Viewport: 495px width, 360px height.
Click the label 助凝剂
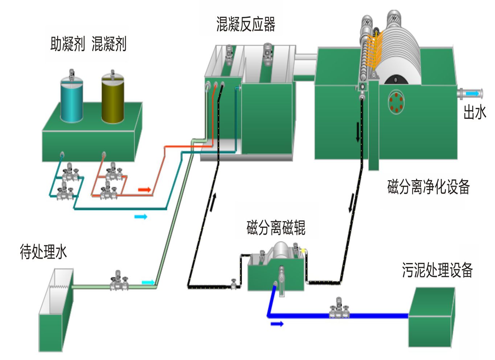pyautogui.click(x=67, y=44)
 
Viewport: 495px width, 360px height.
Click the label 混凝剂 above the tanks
pyautogui.click(x=109, y=44)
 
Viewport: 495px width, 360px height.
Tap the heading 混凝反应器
pyautogui.click(x=246, y=24)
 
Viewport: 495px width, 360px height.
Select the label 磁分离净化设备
pyautogui.click(x=429, y=187)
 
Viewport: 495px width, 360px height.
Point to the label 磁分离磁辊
pyautogui.click(x=276, y=228)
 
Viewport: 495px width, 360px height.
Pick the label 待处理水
pyautogui.click(x=44, y=251)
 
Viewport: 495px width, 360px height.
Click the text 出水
pyautogui.click(x=475, y=112)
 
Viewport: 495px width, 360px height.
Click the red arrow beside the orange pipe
pyautogui.click(x=144, y=190)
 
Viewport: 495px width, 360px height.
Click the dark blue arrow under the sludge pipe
pyautogui.click(x=277, y=324)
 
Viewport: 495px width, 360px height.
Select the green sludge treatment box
pyautogui.click(x=431, y=318)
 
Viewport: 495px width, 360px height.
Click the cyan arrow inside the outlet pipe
pyautogui.click(x=472, y=94)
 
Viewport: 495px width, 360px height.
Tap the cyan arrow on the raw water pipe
pyautogui.click(x=148, y=282)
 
